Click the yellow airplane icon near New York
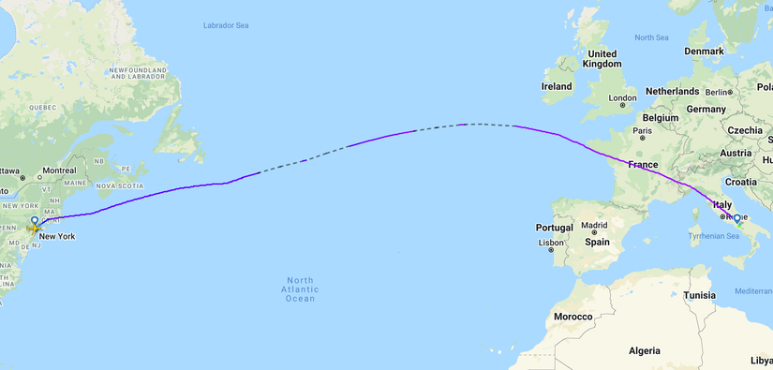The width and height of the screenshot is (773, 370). (x=35, y=228)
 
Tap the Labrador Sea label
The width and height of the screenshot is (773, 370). (x=230, y=25)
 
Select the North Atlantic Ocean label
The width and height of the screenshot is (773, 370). (x=301, y=289)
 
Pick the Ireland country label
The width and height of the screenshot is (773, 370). (x=557, y=86)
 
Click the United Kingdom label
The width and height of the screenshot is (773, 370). (x=602, y=59)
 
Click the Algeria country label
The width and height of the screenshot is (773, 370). (x=645, y=350)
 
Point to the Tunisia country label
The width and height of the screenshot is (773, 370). (x=700, y=295)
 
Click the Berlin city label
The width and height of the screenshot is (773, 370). (x=717, y=92)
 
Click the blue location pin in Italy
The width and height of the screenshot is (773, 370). (x=736, y=221)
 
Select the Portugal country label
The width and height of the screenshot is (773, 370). (x=555, y=228)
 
